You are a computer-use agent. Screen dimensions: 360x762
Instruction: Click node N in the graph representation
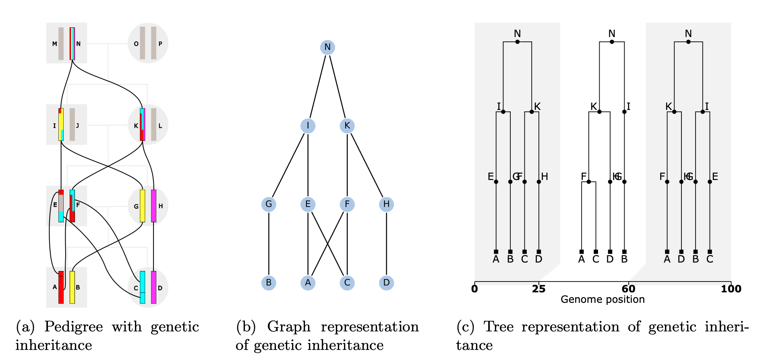[x=327, y=48]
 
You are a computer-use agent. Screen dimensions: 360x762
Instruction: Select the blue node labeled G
[x=269, y=204]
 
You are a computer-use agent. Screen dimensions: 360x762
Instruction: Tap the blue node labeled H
[x=386, y=204]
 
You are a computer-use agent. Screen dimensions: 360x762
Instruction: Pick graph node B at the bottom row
[x=269, y=283]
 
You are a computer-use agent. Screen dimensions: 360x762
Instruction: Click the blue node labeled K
[x=347, y=126]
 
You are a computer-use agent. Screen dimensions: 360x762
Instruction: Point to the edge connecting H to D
[x=386, y=244]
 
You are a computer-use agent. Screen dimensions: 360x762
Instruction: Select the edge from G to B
[x=269, y=244]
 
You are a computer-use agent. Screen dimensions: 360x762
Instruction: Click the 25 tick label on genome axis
[x=538, y=289]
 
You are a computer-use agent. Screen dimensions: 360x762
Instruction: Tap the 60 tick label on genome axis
[x=628, y=289]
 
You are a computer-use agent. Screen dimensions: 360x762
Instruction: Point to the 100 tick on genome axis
[x=731, y=289]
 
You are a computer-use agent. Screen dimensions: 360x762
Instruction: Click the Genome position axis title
[x=603, y=300]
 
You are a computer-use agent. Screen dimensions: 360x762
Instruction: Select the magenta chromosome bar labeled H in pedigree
[x=153, y=206]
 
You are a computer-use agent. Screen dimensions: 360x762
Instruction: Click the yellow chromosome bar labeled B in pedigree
[x=72, y=287]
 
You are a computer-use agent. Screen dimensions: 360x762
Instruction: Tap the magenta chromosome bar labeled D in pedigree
[x=153, y=287]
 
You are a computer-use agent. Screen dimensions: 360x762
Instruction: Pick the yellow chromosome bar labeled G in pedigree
[x=142, y=206]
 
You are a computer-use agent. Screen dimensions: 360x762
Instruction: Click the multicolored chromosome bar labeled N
[x=72, y=43]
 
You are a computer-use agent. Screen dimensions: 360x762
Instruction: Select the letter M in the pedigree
[x=55, y=44]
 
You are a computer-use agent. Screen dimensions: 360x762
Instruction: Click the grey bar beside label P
[x=153, y=43]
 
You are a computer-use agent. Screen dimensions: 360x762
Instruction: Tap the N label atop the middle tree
[x=612, y=34]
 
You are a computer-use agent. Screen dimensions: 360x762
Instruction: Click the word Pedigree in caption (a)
[x=73, y=327]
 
